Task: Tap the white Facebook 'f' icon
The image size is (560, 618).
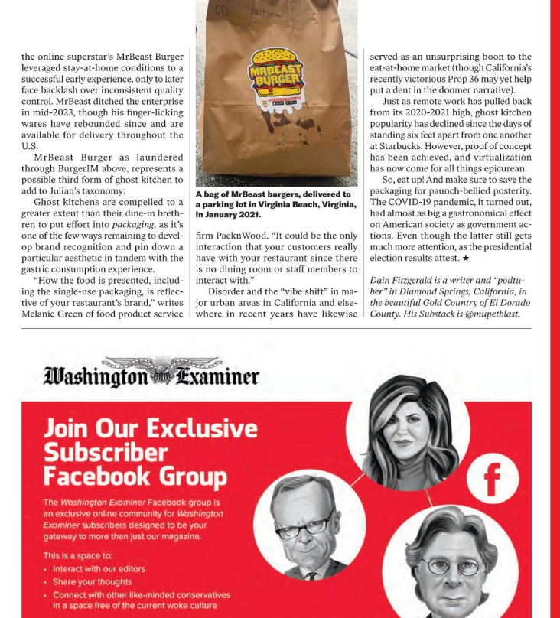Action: pos(491,480)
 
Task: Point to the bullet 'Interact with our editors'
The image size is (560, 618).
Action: pos(99,569)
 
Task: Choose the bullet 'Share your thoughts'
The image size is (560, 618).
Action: pos(92,582)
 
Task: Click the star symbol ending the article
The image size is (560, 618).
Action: pos(465,259)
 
